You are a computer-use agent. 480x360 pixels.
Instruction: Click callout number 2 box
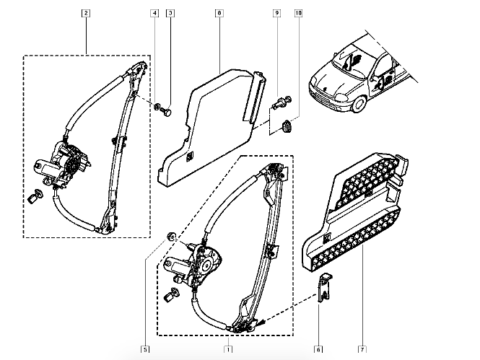point(86,13)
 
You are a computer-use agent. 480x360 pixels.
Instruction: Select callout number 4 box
point(154,13)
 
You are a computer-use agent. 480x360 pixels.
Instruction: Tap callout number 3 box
point(170,13)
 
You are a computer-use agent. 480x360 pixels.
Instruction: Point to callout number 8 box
point(219,13)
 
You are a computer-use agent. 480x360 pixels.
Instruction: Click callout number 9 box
point(276,13)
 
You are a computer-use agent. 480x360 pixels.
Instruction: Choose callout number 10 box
point(298,13)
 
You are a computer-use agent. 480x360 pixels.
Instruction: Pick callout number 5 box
point(145,349)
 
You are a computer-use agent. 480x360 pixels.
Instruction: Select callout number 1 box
point(228,349)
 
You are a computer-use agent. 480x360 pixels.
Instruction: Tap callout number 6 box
point(318,349)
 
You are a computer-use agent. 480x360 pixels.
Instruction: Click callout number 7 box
point(362,349)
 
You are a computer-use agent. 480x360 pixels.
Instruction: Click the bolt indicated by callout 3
point(167,111)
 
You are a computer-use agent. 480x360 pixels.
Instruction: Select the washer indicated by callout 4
point(157,106)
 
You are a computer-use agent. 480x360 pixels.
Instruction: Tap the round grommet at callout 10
point(287,126)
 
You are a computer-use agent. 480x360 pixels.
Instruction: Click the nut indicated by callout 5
point(171,237)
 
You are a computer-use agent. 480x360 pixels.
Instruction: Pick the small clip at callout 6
point(325,287)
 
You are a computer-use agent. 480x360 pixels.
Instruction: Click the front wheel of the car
point(358,104)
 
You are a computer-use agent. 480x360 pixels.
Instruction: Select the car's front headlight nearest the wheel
point(341,97)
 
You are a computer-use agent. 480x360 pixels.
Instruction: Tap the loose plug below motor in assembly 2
point(35,196)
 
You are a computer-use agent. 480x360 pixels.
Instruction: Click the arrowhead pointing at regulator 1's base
point(260,322)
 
